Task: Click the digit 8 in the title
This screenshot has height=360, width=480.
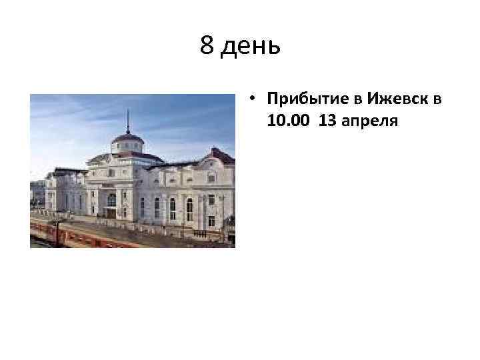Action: (207, 46)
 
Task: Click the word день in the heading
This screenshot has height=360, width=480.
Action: (249, 47)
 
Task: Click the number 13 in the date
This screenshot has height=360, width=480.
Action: (327, 119)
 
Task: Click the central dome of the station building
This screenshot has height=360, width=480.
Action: (128, 139)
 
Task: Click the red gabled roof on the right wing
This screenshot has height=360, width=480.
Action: (220, 156)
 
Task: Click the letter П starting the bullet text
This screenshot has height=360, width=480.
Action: (272, 99)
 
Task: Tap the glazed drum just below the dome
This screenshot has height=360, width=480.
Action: (128, 147)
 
